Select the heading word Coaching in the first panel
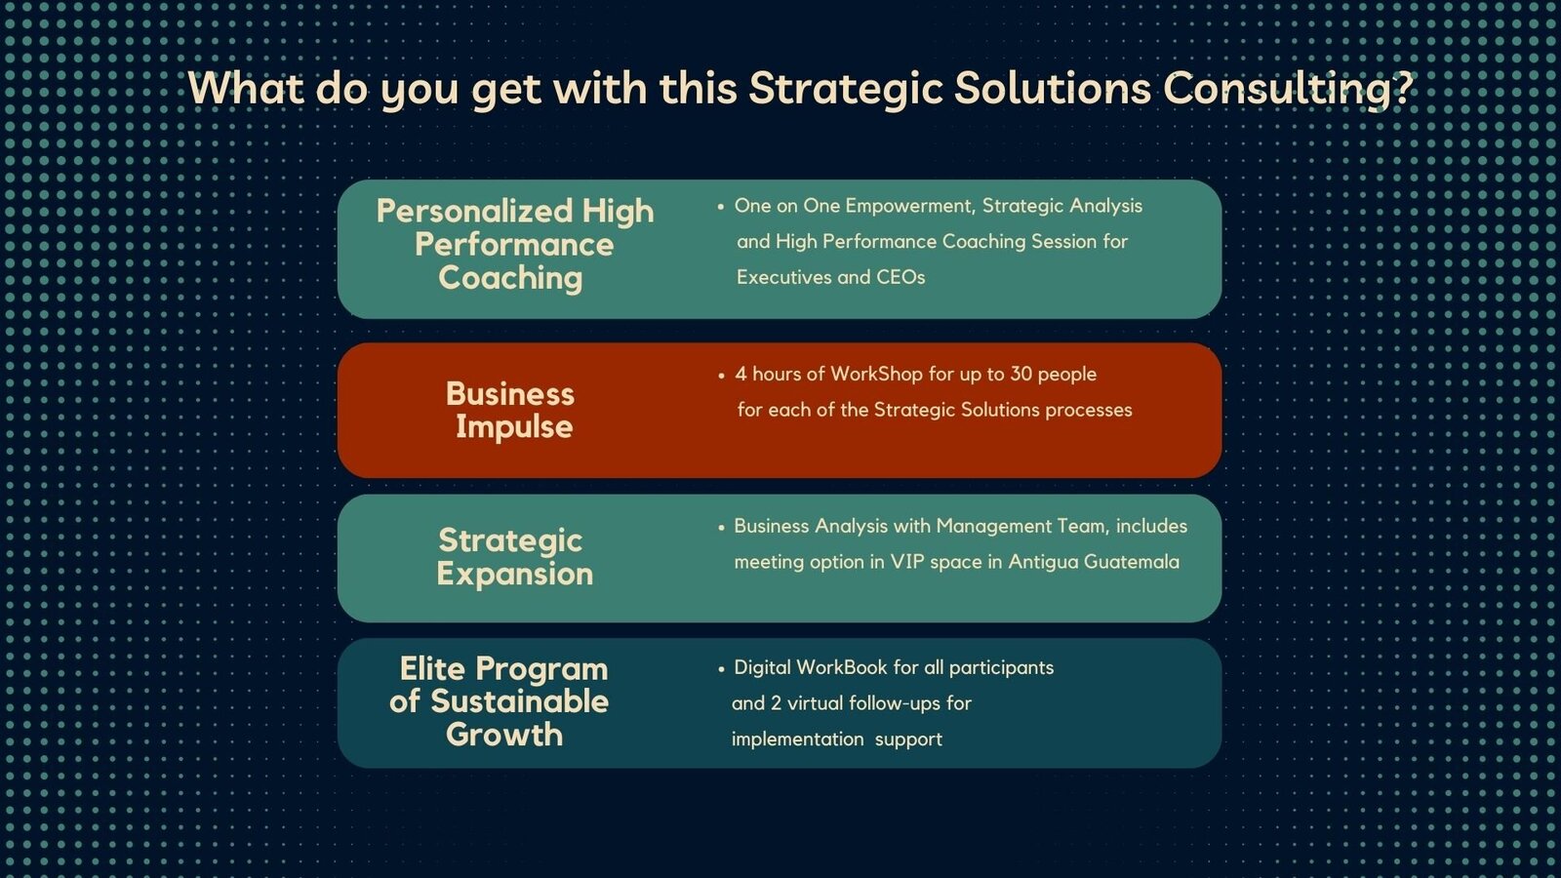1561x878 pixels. point(510,279)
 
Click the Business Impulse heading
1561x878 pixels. point(511,411)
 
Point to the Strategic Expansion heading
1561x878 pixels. point(514,557)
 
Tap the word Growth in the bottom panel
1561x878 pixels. point(504,735)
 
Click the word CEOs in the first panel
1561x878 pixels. point(901,277)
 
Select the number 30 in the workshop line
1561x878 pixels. point(1021,375)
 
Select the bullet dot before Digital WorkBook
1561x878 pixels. point(721,669)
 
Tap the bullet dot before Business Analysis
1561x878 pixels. point(721,528)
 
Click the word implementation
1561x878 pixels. point(798,739)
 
